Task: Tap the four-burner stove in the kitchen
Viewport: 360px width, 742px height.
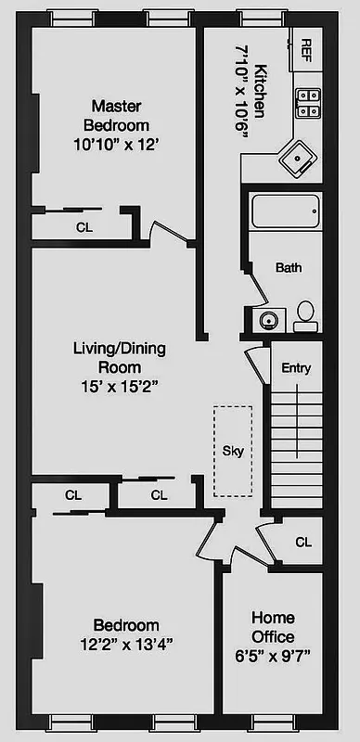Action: click(307, 103)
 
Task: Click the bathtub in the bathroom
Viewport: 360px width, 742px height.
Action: click(286, 216)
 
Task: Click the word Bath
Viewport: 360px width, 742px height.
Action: click(289, 268)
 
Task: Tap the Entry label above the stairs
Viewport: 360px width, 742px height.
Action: click(295, 368)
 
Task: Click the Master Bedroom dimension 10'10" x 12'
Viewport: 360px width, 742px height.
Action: click(119, 144)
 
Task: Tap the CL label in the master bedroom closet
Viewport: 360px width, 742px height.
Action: click(84, 225)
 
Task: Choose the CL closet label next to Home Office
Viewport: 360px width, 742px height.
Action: click(302, 542)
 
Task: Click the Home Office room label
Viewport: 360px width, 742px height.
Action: click(273, 627)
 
